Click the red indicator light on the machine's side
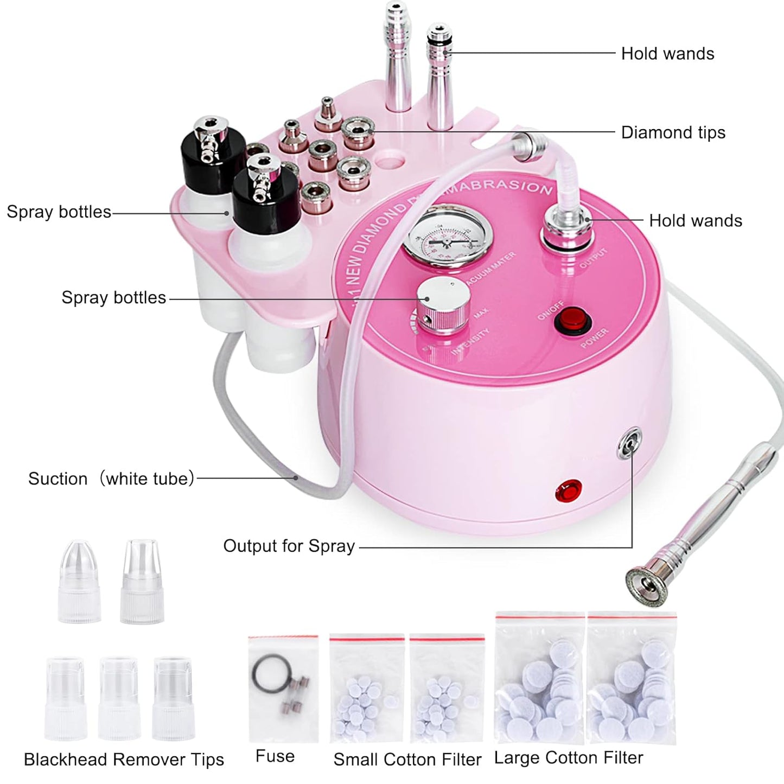pyautogui.click(x=569, y=491)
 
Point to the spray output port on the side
pyautogui.click(x=629, y=444)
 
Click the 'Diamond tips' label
pyautogui.click(x=673, y=132)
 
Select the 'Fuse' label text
pyautogui.click(x=275, y=756)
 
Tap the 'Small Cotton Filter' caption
pyautogui.click(x=407, y=760)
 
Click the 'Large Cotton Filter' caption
pyautogui.click(x=569, y=758)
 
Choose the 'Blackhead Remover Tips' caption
pyautogui.click(x=124, y=760)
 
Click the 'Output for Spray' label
pyautogui.click(x=289, y=546)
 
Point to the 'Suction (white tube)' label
pyautogui.click(x=111, y=479)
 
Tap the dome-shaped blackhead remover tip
pyautogui.click(x=79, y=582)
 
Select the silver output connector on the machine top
pyautogui.click(x=568, y=228)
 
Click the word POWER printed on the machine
pyautogui.click(x=595, y=339)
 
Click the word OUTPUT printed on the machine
pyautogui.click(x=593, y=258)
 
